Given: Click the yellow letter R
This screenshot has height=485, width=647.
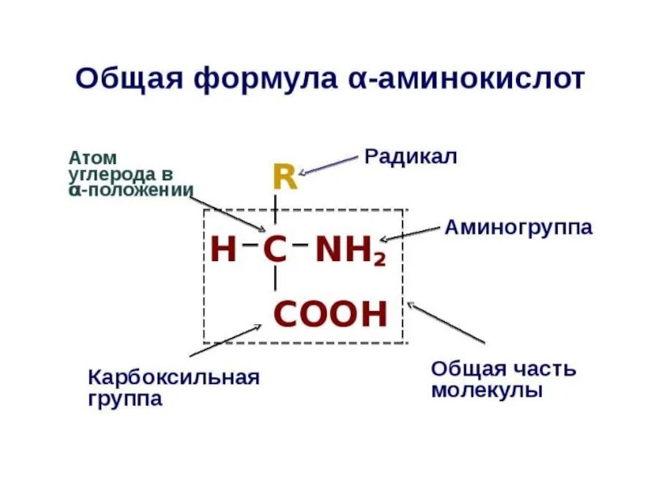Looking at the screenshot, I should [x=285, y=177].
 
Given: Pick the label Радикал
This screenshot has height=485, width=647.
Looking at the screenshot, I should [x=411, y=156].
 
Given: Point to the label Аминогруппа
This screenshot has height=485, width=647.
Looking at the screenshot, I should [x=518, y=227].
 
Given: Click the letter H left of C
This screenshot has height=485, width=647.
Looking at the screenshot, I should [x=223, y=251].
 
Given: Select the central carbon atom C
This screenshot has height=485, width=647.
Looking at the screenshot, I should [x=275, y=251].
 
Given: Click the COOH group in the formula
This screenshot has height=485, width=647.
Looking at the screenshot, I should [x=330, y=314].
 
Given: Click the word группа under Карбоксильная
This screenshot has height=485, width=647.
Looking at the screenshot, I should [x=125, y=399].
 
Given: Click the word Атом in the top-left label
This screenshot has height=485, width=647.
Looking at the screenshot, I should [x=93, y=158].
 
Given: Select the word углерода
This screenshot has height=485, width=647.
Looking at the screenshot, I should [x=113, y=174].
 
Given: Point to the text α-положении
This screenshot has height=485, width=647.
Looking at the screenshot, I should [x=131, y=190].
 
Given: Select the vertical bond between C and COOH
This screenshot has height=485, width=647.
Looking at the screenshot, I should [x=275, y=279].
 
